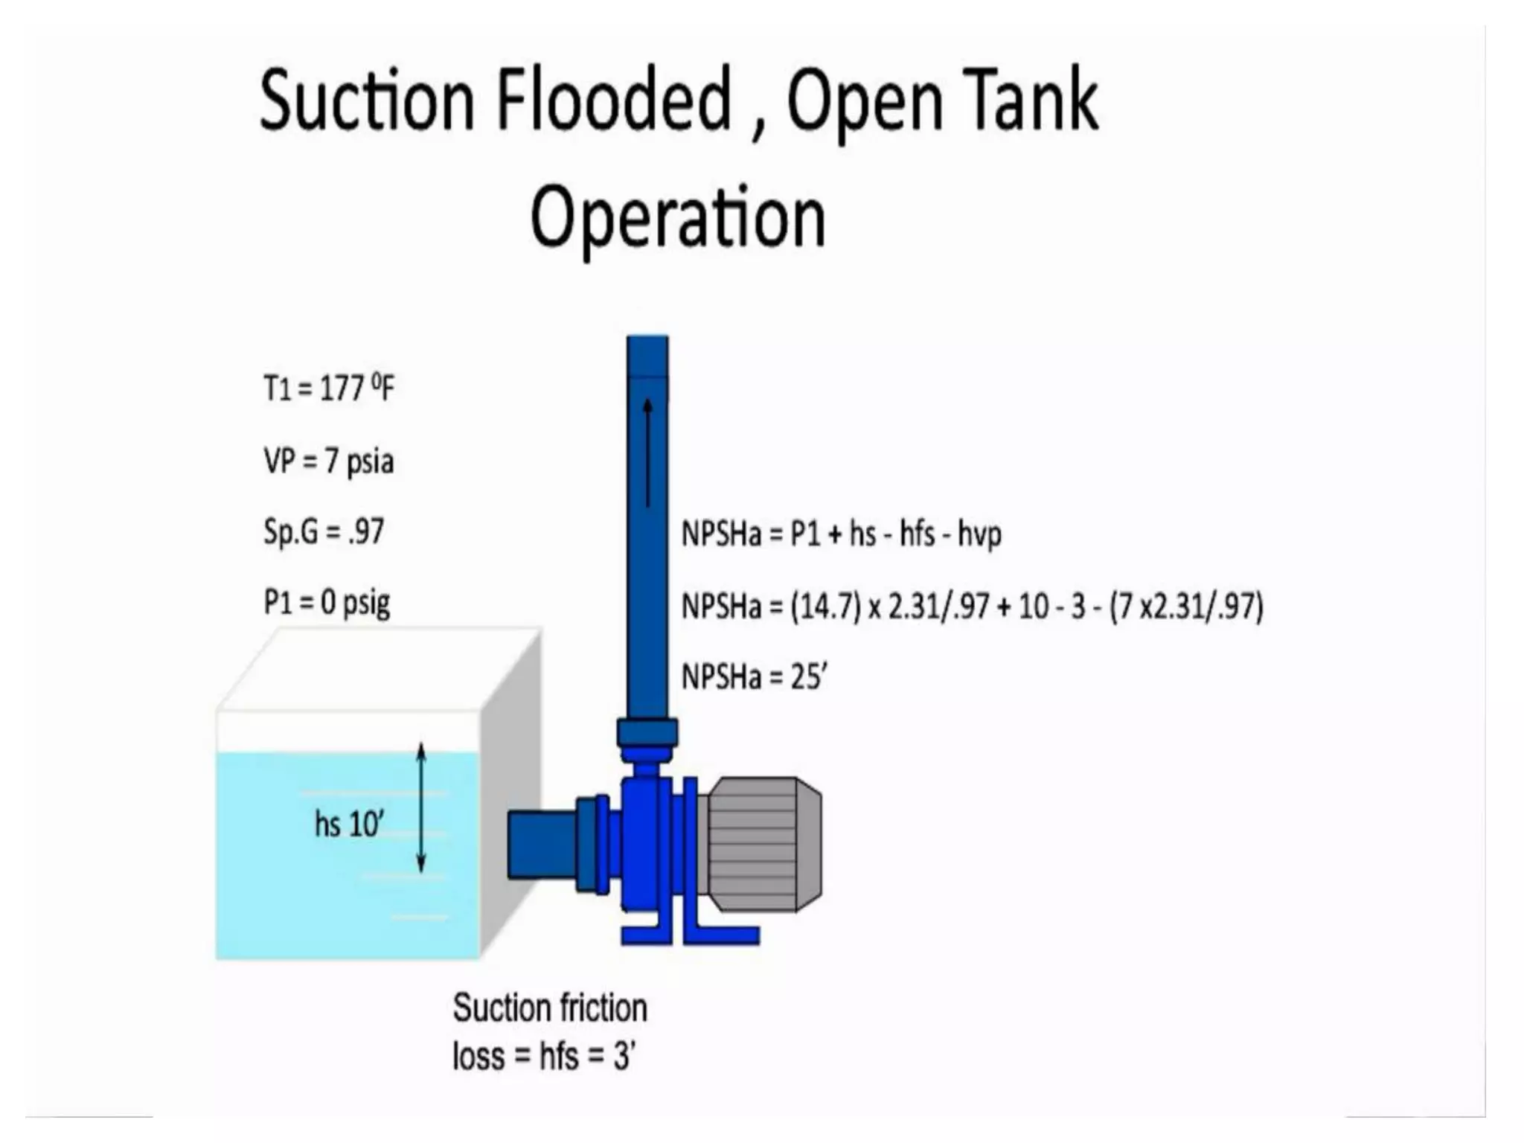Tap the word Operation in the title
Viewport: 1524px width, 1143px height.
point(678,217)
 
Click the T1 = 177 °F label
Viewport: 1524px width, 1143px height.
point(329,388)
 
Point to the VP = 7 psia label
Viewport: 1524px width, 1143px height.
point(328,461)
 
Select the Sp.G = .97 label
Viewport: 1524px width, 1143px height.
point(324,532)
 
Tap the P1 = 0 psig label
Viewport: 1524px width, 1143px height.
point(327,603)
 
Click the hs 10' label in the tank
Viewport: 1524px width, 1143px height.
point(349,825)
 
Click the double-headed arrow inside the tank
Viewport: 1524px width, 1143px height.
point(421,807)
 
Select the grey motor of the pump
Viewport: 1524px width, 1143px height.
point(763,844)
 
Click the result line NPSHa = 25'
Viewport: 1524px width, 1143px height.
point(754,677)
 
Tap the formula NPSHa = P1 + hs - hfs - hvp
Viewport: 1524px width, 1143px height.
point(841,534)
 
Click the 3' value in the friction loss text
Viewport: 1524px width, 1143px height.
point(624,1056)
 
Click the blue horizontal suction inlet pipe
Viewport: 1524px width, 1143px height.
point(541,845)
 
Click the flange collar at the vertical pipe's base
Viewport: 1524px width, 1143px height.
point(647,732)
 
